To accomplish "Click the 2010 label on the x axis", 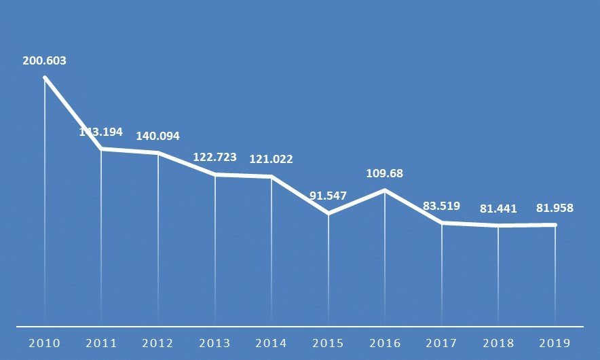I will (x=44, y=342).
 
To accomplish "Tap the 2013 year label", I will (x=215, y=342).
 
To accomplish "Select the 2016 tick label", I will (x=385, y=342).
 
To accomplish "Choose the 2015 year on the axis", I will (x=329, y=342).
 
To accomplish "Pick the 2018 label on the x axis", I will (x=499, y=342).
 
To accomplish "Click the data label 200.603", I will (x=44, y=60).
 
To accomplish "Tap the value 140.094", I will (x=158, y=136).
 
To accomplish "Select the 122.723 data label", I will (x=215, y=157).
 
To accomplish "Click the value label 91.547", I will (x=329, y=196).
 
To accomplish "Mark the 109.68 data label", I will (x=385, y=173).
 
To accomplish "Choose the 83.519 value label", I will (x=442, y=206).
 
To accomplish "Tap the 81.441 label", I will (x=499, y=209).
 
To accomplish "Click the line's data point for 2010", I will (x=45, y=78).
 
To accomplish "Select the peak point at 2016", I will (x=385, y=190).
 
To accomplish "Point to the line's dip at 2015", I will (x=329, y=213).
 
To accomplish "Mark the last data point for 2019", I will (x=555, y=225).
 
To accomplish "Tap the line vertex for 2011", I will (x=101, y=148).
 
